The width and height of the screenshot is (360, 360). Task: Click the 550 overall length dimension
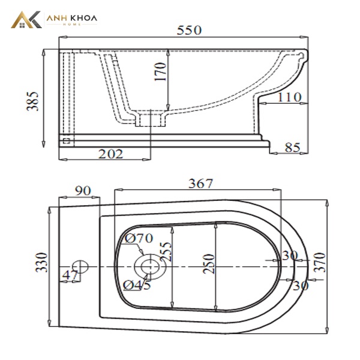pyautogui.click(x=189, y=30)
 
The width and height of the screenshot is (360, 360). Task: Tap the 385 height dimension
pyautogui.click(x=32, y=101)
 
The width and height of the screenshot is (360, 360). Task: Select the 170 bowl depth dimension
pyautogui.click(x=160, y=71)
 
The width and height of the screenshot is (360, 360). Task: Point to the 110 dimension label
pyautogui.click(x=289, y=97)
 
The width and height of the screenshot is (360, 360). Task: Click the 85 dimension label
pyautogui.click(x=292, y=148)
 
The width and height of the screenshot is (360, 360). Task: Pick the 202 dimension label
pyautogui.click(x=110, y=154)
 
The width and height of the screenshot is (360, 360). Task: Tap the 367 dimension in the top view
pyautogui.click(x=200, y=184)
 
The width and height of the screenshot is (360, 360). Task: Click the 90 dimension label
pyautogui.click(x=83, y=191)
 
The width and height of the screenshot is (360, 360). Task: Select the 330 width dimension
pyautogui.click(x=42, y=262)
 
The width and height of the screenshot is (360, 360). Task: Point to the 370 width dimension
pyautogui.click(x=320, y=262)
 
